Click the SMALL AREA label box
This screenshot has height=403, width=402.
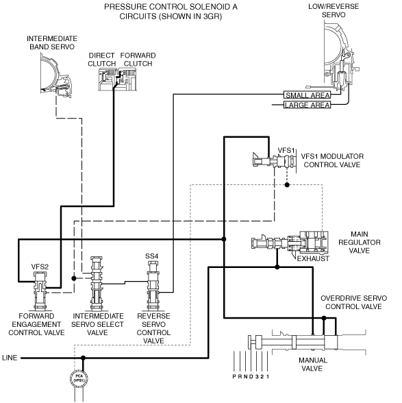[307, 95]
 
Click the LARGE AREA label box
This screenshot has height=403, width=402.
[307, 105]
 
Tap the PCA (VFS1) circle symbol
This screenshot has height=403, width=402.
[79, 378]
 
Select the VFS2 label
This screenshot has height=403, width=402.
[40, 267]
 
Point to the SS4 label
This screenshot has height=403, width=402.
[152, 256]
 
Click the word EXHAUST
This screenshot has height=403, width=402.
[313, 258]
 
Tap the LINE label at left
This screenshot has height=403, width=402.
[10, 358]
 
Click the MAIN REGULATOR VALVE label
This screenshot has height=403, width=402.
[360, 243]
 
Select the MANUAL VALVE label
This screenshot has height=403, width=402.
[312, 364]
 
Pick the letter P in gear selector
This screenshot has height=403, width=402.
[234, 376]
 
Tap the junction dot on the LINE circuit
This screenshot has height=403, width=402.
[83, 358]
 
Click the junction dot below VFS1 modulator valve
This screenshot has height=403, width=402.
[287, 185]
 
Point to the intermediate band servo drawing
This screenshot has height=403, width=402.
[56, 75]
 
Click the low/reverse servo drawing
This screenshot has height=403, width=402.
[340, 56]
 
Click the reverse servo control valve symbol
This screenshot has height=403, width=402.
[153, 286]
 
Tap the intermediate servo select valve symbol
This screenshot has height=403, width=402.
[97, 283]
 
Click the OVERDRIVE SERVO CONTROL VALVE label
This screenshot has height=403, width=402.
[353, 302]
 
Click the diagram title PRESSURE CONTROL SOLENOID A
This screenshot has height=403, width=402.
[171, 7]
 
